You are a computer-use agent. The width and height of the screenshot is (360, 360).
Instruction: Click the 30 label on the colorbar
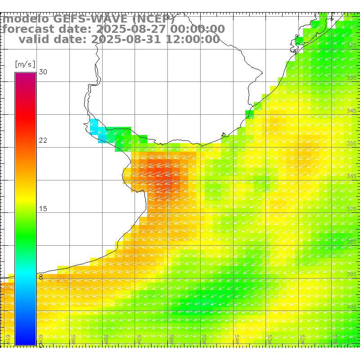pos(43,72)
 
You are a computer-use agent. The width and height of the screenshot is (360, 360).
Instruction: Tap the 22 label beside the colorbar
pos(43,140)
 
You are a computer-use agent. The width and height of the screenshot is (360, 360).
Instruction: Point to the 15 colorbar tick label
pos(43,209)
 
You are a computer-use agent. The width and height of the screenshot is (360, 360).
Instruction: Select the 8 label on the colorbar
pos(40,277)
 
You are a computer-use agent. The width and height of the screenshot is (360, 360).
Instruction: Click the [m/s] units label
pos(25,64)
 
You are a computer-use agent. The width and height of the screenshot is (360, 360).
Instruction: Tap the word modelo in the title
pos(26,19)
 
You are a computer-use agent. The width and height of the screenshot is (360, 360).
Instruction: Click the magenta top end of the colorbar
pos(25,75)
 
